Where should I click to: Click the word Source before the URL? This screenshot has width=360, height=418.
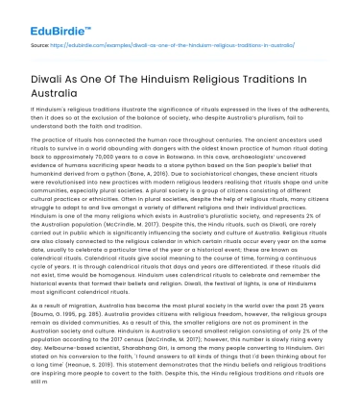(x=40, y=44)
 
